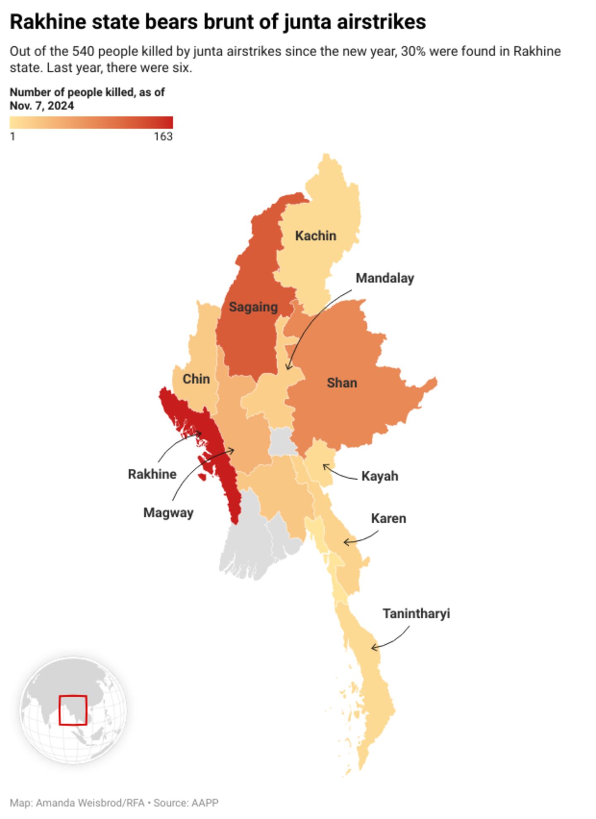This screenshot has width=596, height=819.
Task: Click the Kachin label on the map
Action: (315, 236)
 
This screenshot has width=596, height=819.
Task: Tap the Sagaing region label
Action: (253, 307)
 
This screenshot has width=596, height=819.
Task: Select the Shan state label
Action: (341, 383)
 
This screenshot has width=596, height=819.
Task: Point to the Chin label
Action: (196, 378)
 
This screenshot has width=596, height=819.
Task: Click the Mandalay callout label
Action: (385, 278)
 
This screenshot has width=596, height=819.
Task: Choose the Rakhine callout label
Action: (152, 474)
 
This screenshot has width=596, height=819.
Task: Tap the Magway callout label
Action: (168, 513)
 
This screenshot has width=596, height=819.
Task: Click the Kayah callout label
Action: (380, 476)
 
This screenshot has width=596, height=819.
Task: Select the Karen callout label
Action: (388, 518)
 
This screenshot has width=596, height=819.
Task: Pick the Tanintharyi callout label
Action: (416, 613)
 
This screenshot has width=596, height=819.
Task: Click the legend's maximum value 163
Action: (163, 136)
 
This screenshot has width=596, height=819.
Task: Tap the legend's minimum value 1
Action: (13, 136)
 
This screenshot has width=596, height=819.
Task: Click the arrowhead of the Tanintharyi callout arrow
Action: (372, 647)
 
